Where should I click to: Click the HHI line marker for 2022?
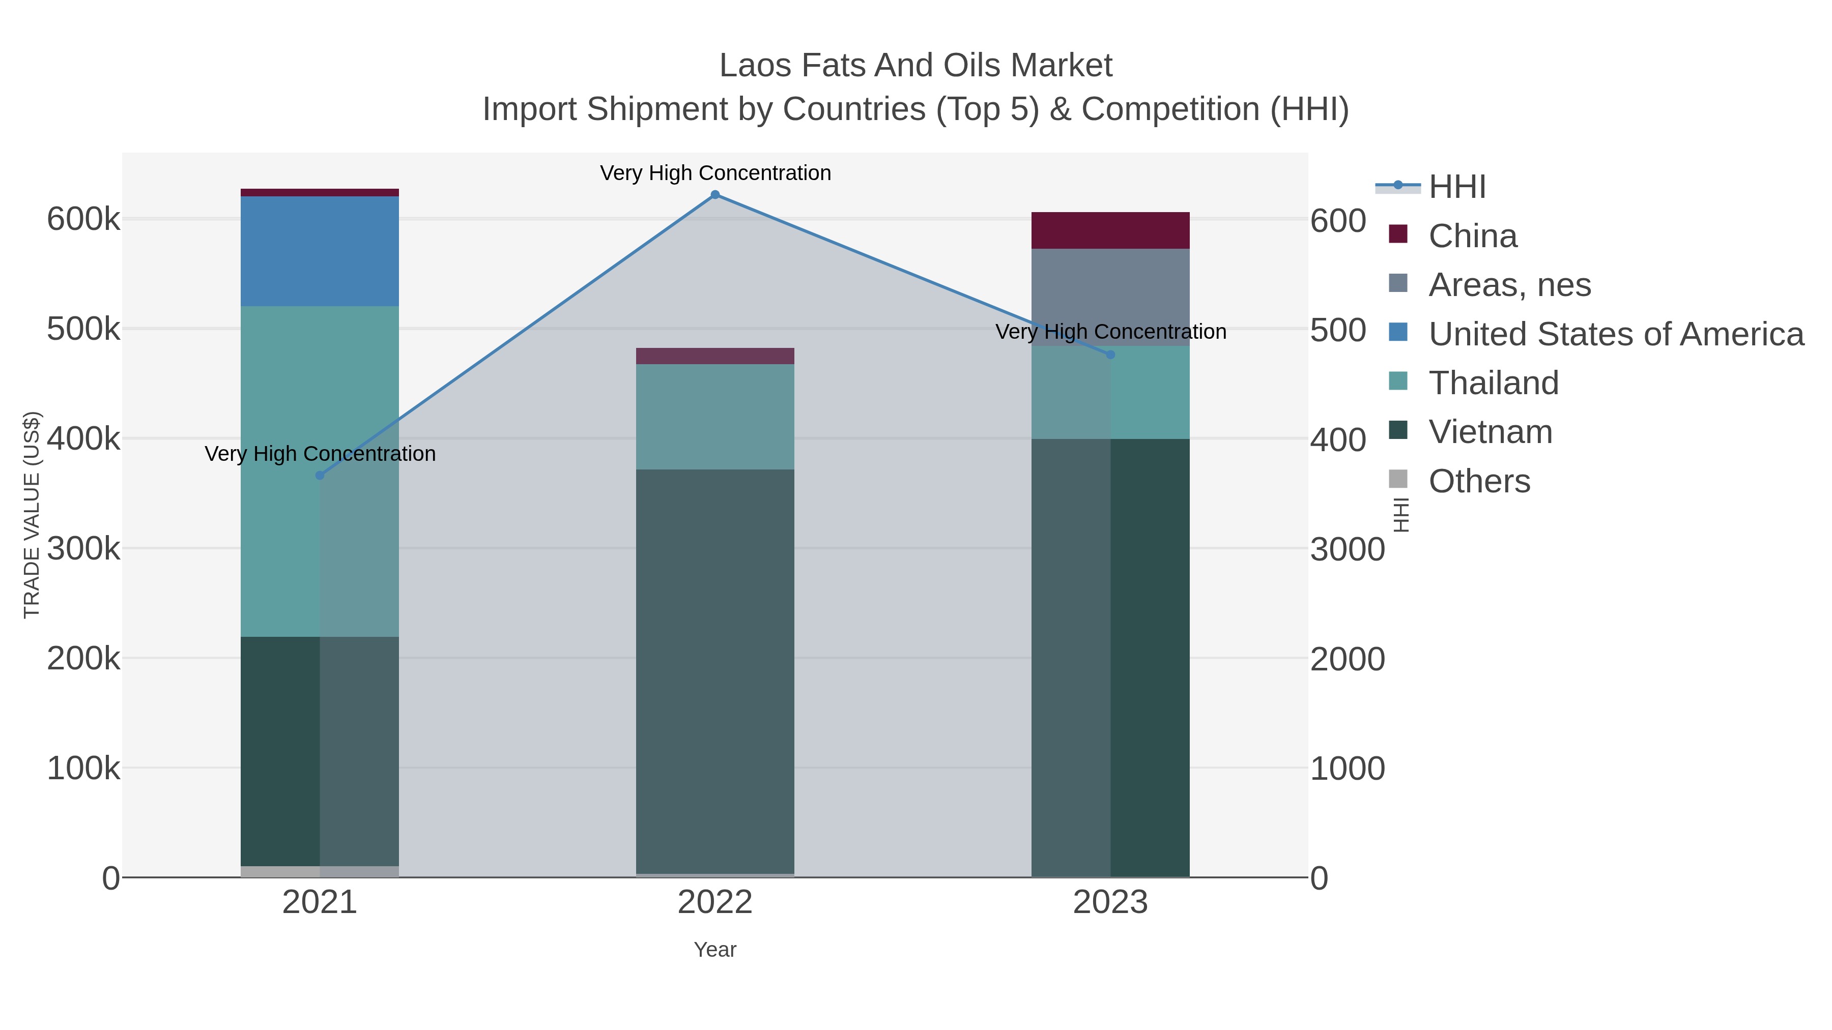[x=715, y=195]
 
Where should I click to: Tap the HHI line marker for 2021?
[x=319, y=476]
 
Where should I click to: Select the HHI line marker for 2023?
[x=1110, y=355]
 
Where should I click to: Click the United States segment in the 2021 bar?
[x=319, y=252]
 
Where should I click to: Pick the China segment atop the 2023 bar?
[x=1110, y=230]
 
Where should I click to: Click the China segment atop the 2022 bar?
[x=715, y=356]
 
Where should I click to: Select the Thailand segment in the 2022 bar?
[x=715, y=417]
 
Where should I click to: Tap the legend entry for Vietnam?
[x=1490, y=432]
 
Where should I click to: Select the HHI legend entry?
[x=1456, y=187]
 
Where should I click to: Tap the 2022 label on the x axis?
[x=715, y=903]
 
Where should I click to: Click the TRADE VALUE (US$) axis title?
[x=32, y=515]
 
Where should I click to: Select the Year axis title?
[x=715, y=950]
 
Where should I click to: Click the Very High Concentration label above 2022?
[x=715, y=173]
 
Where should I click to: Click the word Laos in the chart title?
[x=755, y=66]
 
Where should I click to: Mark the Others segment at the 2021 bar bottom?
[x=319, y=871]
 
